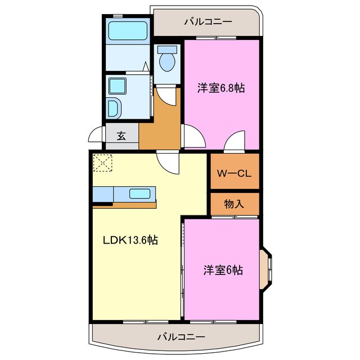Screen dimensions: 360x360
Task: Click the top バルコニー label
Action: tap(208, 22)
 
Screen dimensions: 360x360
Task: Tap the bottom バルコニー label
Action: tap(181, 337)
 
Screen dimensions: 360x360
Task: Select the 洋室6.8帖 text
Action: tap(220, 88)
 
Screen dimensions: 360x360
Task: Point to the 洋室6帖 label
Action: tap(223, 269)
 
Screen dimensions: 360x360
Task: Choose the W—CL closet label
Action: tap(235, 173)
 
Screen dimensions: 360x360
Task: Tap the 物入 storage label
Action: tap(235, 204)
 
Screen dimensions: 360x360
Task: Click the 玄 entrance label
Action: tap(121, 135)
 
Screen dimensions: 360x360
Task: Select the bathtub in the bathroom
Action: tap(127, 31)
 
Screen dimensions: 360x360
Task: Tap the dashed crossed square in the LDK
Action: tap(103, 164)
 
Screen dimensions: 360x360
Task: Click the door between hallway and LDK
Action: tap(168, 161)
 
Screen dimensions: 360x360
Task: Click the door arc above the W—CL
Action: tap(235, 142)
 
